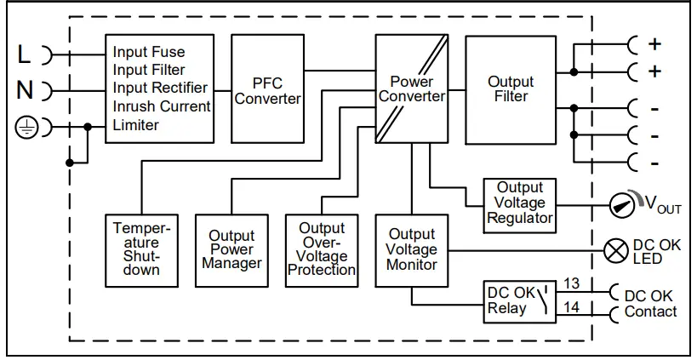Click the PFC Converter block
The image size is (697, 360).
[267, 90]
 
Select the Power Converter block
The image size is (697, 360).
[412, 89]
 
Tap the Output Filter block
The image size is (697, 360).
[511, 89]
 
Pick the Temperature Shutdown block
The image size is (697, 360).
[142, 249]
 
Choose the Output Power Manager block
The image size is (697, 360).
[231, 249]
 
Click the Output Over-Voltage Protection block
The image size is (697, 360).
[321, 249]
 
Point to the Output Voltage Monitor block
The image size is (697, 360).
[412, 249]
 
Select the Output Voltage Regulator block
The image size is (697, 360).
[519, 205]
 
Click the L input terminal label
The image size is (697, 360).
[25, 54]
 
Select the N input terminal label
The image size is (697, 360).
[25, 90]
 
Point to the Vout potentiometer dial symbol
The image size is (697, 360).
[624, 205]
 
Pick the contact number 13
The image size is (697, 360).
[571, 283]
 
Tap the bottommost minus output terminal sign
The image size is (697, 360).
[654, 163]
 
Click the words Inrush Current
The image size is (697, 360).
[162, 107]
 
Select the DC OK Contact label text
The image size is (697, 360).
[650, 303]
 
